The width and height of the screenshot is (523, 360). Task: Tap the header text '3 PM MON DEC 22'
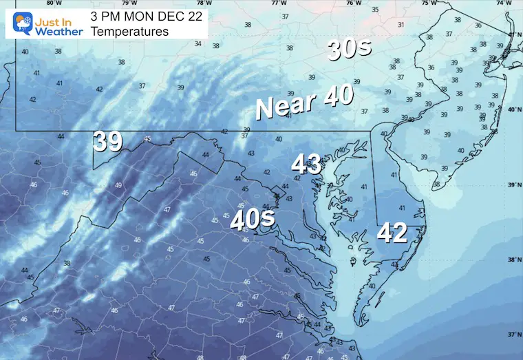[x=147, y=17]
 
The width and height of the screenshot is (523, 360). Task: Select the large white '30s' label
[x=349, y=50]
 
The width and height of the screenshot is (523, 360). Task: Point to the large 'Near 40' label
[x=304, y=102]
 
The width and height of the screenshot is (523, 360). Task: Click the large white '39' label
[x=108, y=141]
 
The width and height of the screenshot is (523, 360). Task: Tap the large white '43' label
[x=306, y=164]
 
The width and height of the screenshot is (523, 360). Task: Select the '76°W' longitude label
[x=353, y=3]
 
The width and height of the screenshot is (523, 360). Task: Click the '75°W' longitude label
[x=427, y=3]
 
